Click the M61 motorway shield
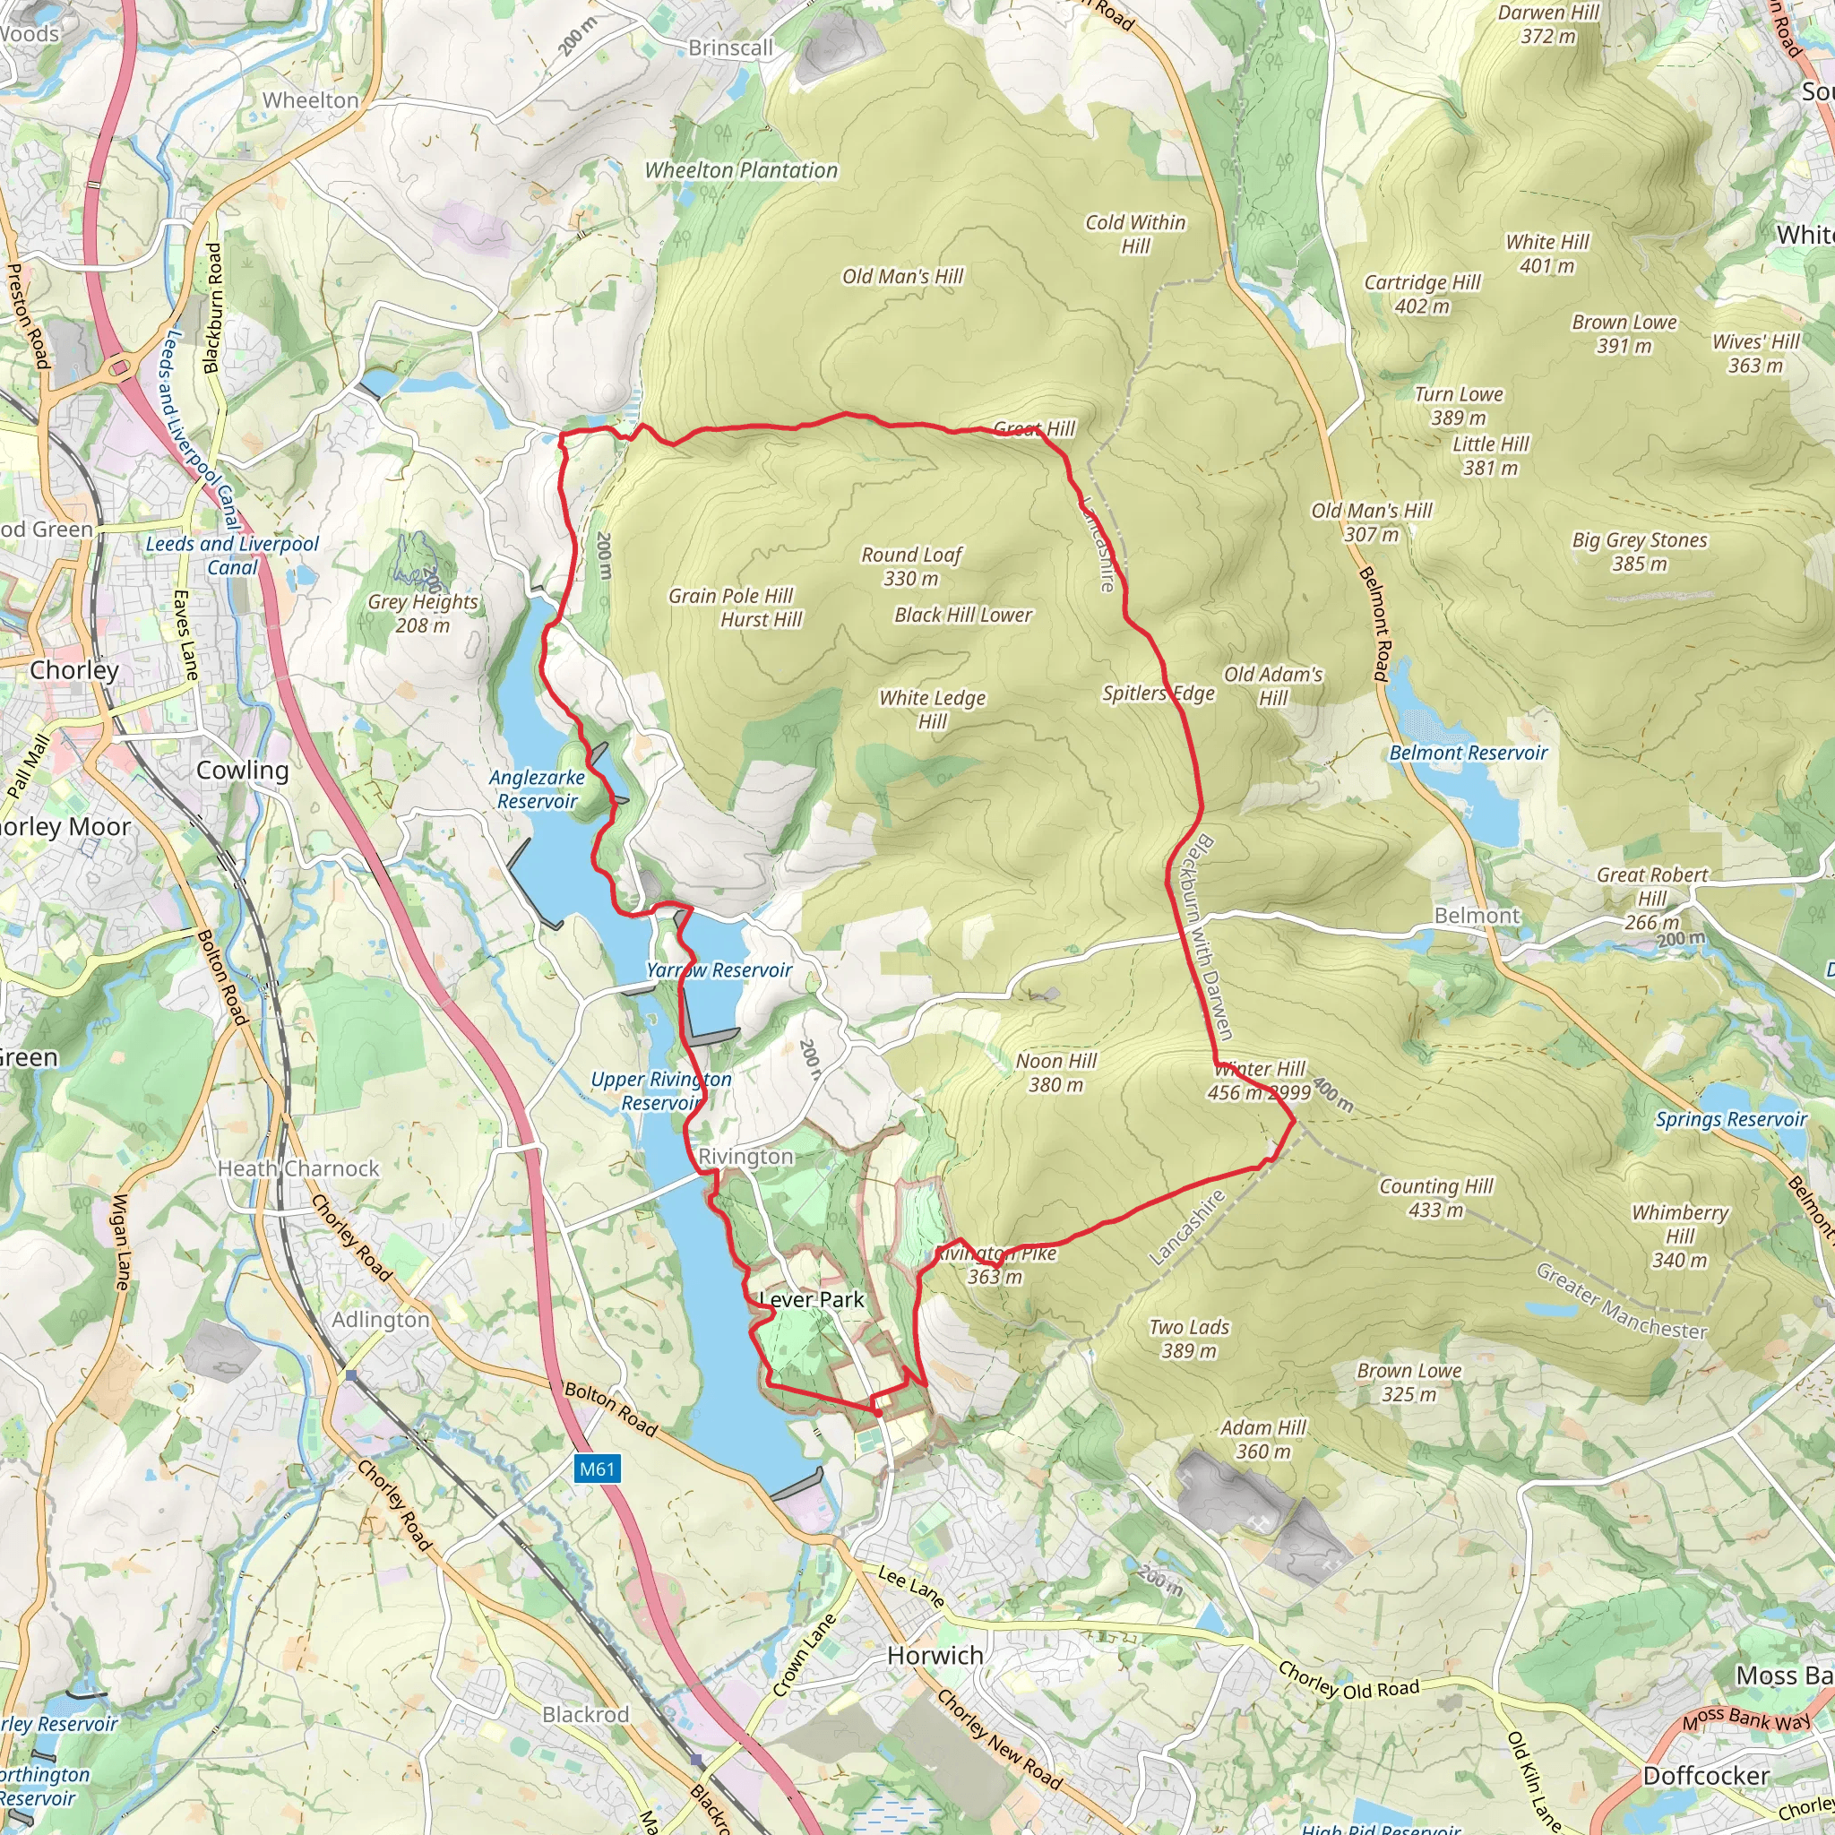(597, 1469)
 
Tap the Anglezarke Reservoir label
(537, 789)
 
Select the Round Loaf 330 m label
(911, 566)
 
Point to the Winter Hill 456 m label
(1260, 1081)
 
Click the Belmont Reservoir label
(1468, 754)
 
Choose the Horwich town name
(935, 1656)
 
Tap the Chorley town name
(74, 670)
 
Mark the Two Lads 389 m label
(1189, 1339)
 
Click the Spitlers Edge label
(1158, 694)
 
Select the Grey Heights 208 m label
(423, 613)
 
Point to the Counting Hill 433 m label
(1435, 1198)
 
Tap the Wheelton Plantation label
(741, 171)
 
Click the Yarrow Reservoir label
(719, 969)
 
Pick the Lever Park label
(812, 1299)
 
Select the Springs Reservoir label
(1730, 1119)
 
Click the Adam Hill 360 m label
(1263, 1439)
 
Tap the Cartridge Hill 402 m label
(1422, 294)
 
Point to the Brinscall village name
(730, 47)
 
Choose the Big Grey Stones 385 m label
(1640, 552)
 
